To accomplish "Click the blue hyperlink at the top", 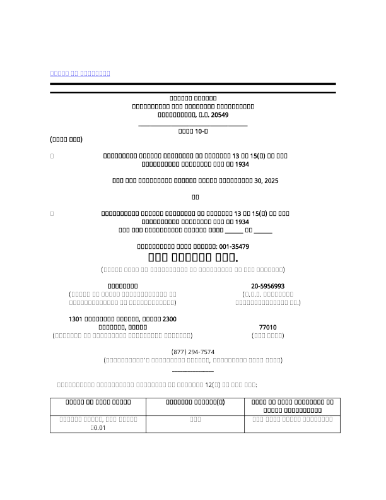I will coord(80,74).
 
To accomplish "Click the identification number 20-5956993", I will coord(267,286).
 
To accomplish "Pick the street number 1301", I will coord(76,319).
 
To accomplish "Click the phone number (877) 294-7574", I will coord(193,352).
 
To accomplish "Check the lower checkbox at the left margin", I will coord(52,214).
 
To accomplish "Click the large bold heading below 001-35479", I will coord(193,258).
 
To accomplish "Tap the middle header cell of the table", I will coord(195,402).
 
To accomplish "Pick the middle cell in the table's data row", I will coord(195,419).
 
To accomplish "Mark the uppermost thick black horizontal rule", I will coord(193,84).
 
